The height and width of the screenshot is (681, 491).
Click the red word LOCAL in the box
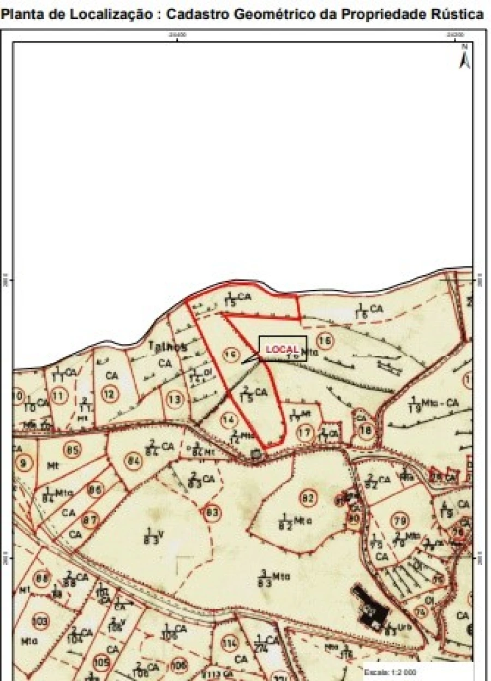(282, 349)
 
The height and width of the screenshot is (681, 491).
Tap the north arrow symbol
(465, 57)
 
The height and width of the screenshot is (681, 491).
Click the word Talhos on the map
(167, 347)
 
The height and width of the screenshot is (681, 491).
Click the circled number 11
(59, 395)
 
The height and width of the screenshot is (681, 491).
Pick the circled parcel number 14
(229, 420)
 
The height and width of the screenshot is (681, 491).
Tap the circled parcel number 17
(306, 434)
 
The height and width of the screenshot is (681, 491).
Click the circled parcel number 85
(72, 450)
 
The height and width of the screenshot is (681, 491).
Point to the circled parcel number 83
(212, 513)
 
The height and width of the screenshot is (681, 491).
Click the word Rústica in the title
(457, 15)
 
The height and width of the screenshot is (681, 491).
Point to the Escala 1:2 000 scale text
(390, 671)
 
